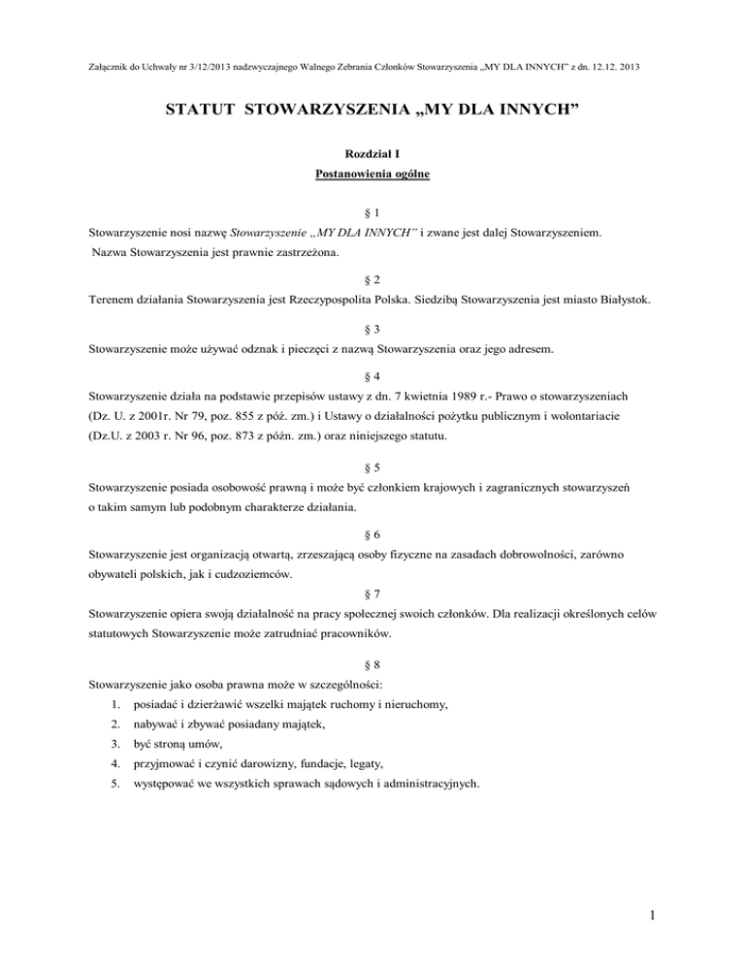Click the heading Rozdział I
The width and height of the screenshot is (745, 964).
tap(373, 153)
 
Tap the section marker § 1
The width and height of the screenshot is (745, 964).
tap(372, 212)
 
